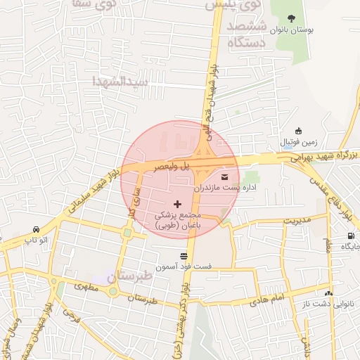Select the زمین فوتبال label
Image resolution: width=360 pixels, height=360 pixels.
[299, 143]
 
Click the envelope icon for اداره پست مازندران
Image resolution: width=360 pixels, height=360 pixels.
[225, 176]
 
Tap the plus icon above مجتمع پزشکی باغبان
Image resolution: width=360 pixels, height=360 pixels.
[176, 203]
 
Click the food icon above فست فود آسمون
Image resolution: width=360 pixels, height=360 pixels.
[184, 255]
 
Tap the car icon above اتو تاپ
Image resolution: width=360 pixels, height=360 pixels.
[35, 229]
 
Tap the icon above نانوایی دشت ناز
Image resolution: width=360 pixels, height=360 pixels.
[328, 292]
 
